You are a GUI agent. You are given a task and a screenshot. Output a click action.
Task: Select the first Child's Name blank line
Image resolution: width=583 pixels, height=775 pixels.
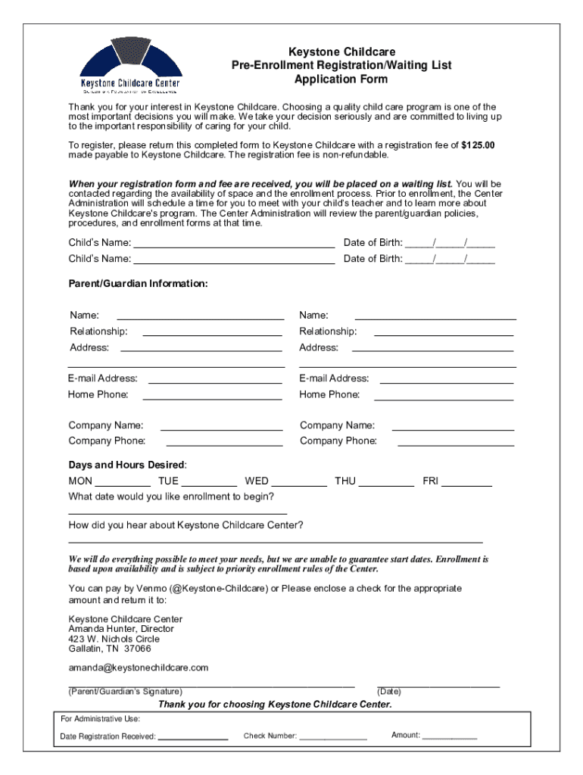pyautogui.click(x=234, y=244)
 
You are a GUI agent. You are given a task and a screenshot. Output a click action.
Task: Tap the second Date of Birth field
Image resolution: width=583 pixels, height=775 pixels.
pyautogui.click(x=450, y=260)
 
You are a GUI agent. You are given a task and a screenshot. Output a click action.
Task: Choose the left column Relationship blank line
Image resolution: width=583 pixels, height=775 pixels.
pyautogui.click(x=212, y=332)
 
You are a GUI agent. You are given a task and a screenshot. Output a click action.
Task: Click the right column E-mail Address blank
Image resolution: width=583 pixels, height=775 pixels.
pyautogui.click(x=447, y=379)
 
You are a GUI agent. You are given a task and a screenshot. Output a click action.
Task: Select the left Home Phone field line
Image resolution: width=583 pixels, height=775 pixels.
pyautogui.click(x=212, y=396)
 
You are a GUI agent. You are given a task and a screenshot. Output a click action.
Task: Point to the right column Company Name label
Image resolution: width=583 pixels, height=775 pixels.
pyautogui.click(x=337, y=426)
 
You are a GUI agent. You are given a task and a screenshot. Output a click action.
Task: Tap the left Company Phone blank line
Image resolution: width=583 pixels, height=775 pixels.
pyautogui.click(x=224, y=442)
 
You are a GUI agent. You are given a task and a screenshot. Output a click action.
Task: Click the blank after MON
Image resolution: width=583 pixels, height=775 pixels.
pyautogui.click(x=123, y=483)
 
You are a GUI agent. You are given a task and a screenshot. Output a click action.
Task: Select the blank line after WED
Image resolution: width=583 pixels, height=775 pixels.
pyautogui.click(x=299, y=483)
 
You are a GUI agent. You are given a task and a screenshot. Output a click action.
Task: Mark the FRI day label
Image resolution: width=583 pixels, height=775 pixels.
pyautogui.click(x=430, y=481)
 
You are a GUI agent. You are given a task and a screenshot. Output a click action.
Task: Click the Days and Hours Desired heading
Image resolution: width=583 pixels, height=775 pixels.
pyautogui.click(x=127, y=465)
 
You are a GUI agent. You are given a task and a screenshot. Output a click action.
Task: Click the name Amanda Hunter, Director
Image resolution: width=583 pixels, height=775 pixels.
pyautogui.click(x=121, y=629)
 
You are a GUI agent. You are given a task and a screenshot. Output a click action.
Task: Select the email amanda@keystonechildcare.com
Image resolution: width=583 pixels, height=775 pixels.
pyautogui.click(x=138, y=668)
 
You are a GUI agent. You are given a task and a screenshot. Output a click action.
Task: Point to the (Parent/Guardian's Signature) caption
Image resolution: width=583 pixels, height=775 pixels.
pyautogui.click(x=125, y=692)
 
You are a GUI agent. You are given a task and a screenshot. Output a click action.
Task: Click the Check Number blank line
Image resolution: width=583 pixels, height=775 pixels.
pyautogui.click(x=333, y=738)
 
